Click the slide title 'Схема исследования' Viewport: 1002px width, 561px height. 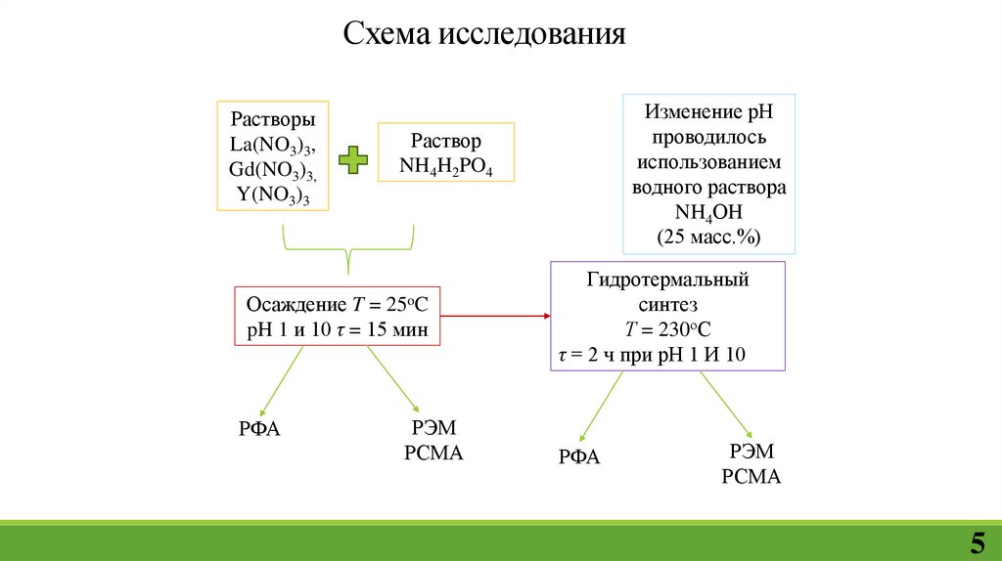coord(483,35)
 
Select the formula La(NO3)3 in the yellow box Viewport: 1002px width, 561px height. coord(273,145)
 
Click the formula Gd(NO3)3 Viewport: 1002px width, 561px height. coord(273,170)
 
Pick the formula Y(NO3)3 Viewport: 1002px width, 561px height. coord(273,194)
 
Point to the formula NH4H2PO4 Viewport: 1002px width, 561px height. coord(445,166)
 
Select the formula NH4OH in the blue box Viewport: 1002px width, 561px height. coord(709,212)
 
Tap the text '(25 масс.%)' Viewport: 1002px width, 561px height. coord(709,237)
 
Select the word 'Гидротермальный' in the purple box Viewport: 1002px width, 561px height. coord(668,280)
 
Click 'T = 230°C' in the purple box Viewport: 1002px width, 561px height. coord(668,329)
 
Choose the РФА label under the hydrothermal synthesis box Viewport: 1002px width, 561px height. coord(579,456)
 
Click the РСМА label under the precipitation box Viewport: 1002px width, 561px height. coord(433,453)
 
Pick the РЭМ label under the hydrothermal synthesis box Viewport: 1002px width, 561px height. coord(751,451)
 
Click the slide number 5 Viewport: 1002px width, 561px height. coord(977,541)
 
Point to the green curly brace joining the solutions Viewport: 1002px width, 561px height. coord(348,250)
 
